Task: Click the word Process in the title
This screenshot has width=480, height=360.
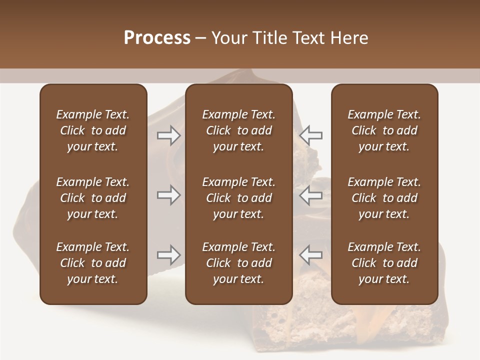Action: [x=157, y=38]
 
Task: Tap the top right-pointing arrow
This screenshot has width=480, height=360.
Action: [x=168, y=135]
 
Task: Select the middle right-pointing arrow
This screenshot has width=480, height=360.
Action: [x=168, y=195]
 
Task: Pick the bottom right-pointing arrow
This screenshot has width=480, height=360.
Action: [x=168, y=255]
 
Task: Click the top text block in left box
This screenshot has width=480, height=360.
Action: [x=93, y=130]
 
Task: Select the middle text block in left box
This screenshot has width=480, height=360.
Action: [x=93, y=198]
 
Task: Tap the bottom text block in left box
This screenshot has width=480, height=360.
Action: [x=93, y=263]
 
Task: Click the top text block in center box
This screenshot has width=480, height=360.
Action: [x=238, y=130]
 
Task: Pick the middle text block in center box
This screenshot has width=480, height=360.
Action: [x=238, y=198]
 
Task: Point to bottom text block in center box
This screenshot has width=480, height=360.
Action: [x=238, y=263]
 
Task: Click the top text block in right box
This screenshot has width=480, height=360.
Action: [x=384, y=130]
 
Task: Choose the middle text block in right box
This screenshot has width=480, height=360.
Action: [x=384, y=198]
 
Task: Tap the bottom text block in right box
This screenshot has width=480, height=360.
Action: [x=384, y=263]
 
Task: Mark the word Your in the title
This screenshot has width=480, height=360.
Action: [x=228, y=38]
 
